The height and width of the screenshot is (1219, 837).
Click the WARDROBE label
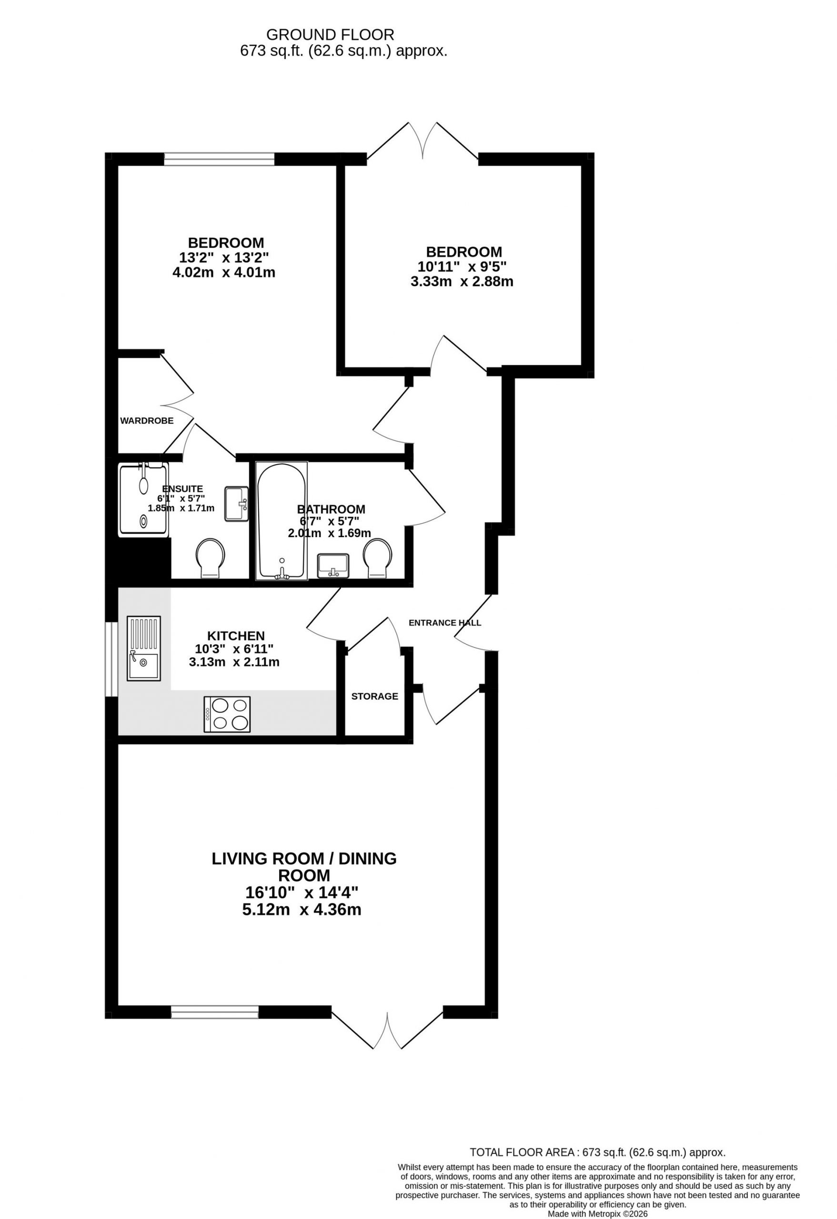(146, 420)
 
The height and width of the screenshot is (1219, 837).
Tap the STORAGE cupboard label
(375, 696)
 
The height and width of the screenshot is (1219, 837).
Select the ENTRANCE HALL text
(445, 623)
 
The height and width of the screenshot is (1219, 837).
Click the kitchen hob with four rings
(227, 714)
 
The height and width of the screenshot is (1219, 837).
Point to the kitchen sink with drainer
(144, 649)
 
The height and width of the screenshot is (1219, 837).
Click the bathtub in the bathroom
(282, 521)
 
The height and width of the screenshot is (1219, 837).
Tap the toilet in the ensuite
(211, 558)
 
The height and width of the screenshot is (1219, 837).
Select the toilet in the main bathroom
(378, 558)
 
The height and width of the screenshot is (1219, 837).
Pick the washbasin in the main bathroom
(333, 565)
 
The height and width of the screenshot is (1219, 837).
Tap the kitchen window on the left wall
(111, 659)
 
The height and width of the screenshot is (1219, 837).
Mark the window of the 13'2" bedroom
(219, 159)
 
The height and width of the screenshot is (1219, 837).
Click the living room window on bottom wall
(215, 1012)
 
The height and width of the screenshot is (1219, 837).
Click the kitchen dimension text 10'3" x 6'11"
(234, 649)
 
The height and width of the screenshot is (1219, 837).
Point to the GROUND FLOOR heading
(330, 35)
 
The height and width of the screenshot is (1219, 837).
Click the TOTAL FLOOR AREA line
(598, 1152)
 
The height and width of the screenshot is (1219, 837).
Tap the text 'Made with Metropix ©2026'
(598, 1214)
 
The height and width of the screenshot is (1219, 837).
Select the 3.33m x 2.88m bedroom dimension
(462, 282)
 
